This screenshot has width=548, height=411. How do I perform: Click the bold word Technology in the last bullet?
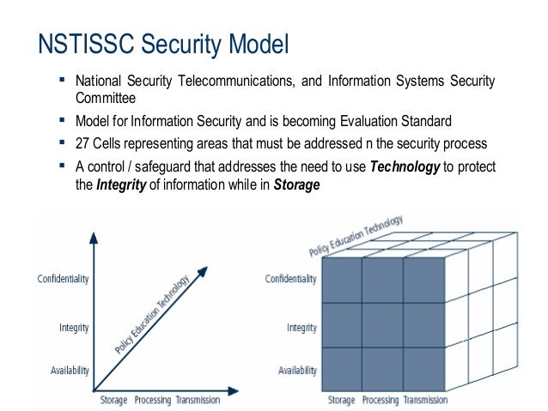coord(405,166)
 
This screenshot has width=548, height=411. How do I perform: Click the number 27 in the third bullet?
coord(82,142)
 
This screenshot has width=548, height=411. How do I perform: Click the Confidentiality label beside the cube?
coord(291,278)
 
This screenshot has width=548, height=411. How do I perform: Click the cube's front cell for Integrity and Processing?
coord(381,325)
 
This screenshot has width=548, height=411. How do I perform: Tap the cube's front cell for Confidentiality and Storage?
coord(340,280)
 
